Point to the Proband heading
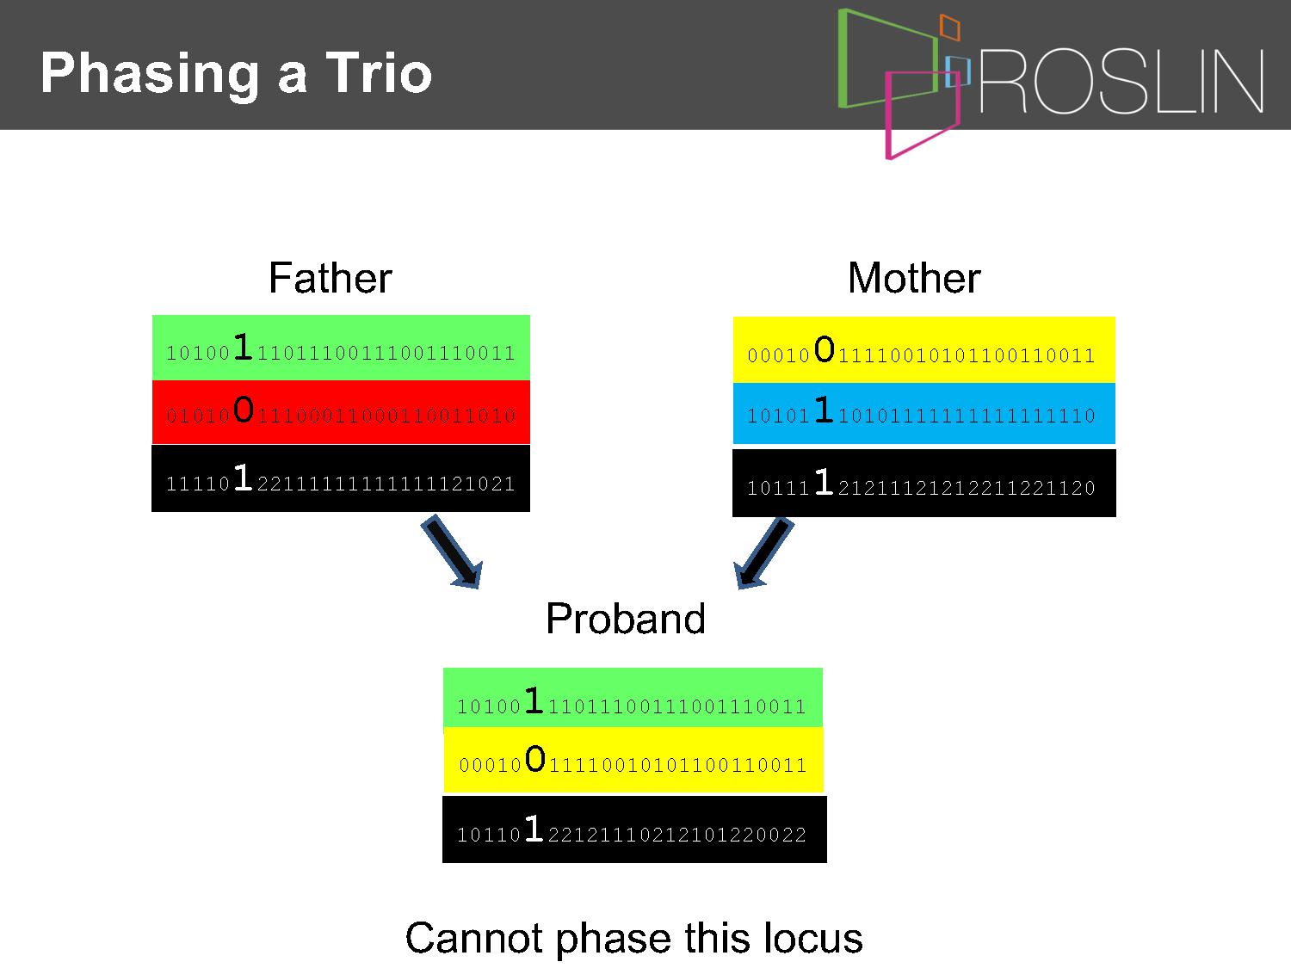(625, 619)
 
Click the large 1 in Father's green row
(243, 346)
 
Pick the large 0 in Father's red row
(244, 409)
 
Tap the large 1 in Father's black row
(243, 477)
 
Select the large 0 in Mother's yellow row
(825, 349)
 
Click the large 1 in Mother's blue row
(824, 409)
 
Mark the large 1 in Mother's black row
(824, 481)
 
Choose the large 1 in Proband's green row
(534, 700)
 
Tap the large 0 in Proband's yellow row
(535, 758)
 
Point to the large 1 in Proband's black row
(534, 828)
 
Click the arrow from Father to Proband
(452, 552)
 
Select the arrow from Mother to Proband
(763, 553)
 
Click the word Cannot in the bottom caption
(473, 938)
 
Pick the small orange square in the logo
(949, 27)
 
